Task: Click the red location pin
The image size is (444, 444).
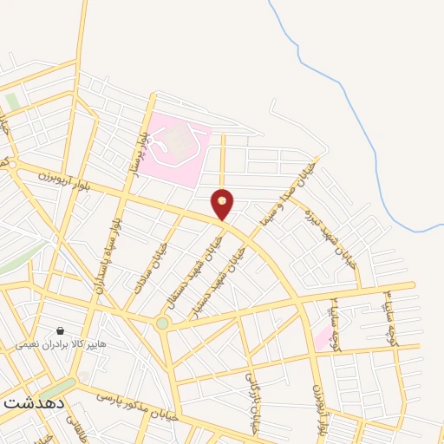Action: click(223, 203)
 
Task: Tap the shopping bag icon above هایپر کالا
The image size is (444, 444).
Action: click(61, 330)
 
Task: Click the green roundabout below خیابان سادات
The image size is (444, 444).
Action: click(162, 323)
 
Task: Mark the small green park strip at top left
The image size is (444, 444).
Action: click(12, 101)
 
